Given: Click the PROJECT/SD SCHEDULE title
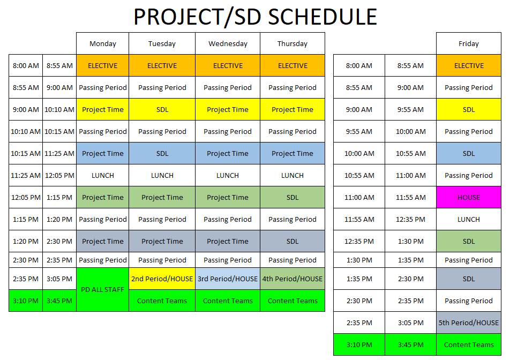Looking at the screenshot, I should point(255,17).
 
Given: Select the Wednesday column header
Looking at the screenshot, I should point(228,44).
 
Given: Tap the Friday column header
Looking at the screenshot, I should point(469,44).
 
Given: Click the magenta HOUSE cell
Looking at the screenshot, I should point(469,197).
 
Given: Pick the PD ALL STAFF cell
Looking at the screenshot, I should point(102,290).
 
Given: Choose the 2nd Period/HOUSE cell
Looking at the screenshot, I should point(162,279).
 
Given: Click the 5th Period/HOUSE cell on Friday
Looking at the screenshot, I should point(469,322).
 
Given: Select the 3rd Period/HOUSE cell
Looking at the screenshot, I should point(228,279).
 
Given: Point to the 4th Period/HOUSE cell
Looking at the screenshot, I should point(292,279).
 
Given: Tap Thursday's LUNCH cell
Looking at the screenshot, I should point(292,175).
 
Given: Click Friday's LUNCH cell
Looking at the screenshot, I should point(469,219).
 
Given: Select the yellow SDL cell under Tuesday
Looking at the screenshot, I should point(162,109).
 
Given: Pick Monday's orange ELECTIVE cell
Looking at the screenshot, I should point(102,66).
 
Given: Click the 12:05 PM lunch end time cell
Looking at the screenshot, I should point(59,175).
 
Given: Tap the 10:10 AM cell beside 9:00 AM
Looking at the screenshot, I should point(59,109).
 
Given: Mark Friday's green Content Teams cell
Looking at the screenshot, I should point(469,344).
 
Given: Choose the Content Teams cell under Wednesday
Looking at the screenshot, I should point(228,301).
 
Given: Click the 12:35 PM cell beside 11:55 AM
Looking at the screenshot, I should point(410,219).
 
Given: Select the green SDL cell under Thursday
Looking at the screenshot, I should point(292,197).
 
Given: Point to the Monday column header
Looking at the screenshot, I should point(102,44).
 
